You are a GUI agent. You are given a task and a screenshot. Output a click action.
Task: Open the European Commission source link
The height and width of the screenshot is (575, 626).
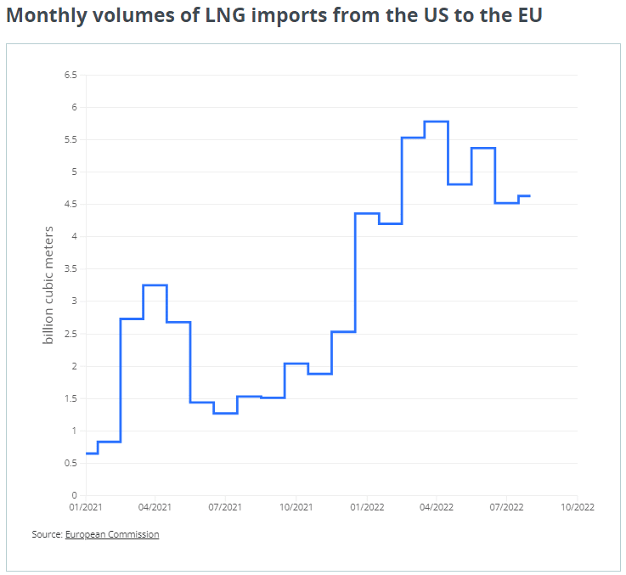point(112,534)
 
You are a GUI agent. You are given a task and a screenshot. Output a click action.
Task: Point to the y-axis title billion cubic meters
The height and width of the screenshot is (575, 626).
point(49,285)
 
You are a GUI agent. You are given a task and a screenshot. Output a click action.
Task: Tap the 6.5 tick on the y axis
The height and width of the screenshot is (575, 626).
point(70,76)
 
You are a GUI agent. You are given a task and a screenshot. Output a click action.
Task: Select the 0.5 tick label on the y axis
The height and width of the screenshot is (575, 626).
point(70,463)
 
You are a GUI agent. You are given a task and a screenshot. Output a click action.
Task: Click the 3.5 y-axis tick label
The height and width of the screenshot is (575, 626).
point(70,269)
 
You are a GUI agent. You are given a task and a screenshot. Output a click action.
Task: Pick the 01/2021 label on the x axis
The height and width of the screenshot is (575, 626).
point(86,508)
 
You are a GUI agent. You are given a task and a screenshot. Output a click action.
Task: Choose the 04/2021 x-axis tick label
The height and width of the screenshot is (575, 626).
point(155,508)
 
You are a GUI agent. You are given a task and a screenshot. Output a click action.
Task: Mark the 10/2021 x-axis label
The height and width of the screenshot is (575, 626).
point(296,508)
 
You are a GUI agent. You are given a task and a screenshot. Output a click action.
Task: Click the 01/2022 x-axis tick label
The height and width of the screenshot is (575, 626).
point(366,508)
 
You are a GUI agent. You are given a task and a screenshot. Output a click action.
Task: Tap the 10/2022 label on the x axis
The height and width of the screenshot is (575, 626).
point(577,508)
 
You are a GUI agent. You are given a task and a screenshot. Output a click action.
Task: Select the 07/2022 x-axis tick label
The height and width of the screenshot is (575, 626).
point(506,508)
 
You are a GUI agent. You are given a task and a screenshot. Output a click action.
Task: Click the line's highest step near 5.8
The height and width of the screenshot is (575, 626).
point(436,121)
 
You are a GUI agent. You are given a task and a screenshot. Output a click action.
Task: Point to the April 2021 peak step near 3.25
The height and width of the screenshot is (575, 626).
point(155,285)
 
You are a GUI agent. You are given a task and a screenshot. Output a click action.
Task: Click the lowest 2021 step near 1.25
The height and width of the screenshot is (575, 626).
point(225,414)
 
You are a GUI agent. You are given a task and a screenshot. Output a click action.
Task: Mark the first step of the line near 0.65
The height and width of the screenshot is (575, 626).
point(92,453)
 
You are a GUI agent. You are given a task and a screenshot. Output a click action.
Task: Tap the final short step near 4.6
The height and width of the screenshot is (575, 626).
point(524,196)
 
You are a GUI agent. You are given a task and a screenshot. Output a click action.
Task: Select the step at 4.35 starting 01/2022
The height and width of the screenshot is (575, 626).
point(366,214)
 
